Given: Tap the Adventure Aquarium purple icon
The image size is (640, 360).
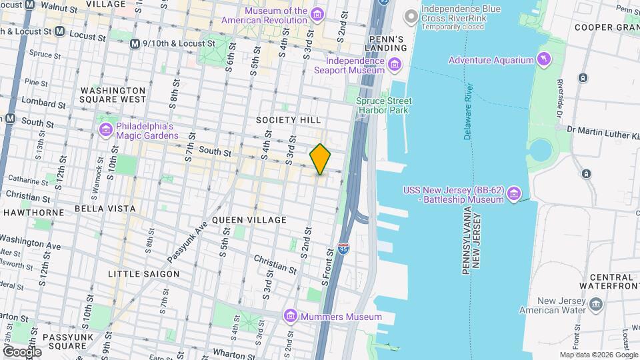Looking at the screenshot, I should click(x=545, y=60).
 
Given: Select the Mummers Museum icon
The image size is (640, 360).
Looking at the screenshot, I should click(x=290, y=316).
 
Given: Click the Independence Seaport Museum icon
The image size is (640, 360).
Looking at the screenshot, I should click(x=395, y=65).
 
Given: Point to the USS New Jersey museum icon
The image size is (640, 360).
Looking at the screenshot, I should click(x=513, y=195).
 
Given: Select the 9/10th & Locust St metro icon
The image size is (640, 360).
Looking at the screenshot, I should click(x=136, y=43).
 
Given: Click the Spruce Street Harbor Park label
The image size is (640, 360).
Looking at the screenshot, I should click(x=383, y=105).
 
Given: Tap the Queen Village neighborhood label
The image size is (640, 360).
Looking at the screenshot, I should click(x=249, y=219).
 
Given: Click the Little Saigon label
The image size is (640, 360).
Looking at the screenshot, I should click(x=144, y=273).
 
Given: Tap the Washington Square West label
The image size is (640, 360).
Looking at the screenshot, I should click(x=113, y=95).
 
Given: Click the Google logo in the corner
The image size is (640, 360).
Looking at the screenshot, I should click(x=22, y=351).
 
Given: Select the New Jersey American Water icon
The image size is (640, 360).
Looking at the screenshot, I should click(x=595, y=305).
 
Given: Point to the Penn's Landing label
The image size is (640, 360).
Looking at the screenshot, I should click(x=386, y=43).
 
